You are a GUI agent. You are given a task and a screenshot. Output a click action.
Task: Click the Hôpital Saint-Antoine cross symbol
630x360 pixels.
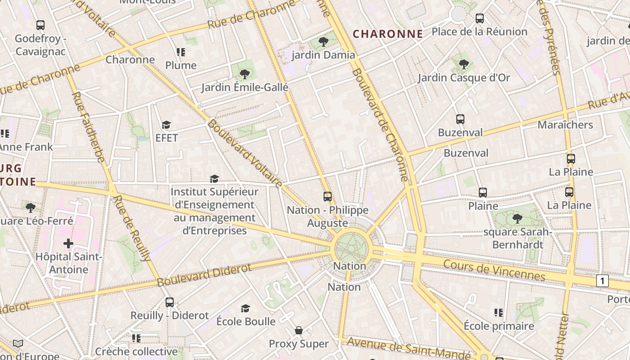(68, 243)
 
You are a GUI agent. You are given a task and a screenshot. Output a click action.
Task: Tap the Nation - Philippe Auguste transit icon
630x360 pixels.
(328, 197)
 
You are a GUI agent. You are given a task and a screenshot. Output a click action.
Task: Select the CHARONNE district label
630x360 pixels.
(387, 34)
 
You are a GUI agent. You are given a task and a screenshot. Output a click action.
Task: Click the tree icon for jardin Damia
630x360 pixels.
(323, 42)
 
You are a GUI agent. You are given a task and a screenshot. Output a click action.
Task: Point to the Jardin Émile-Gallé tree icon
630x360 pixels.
(244, 74)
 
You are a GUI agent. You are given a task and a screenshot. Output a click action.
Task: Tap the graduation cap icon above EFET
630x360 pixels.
(166, 125)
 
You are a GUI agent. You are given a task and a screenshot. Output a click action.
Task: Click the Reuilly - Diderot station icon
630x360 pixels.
(170, 302)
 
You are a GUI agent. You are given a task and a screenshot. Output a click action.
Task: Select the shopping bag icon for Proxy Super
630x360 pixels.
(299, 331)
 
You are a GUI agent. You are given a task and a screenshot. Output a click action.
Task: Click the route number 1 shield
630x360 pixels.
(602, 281)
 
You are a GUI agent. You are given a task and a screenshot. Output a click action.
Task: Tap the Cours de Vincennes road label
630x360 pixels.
(494, 270)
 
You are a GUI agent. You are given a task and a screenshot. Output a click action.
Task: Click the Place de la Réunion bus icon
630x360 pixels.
(480, 18)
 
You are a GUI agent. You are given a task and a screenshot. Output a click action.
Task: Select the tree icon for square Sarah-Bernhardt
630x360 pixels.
(517, 219)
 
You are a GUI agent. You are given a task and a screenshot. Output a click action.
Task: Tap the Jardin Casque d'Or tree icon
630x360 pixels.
(464, 64)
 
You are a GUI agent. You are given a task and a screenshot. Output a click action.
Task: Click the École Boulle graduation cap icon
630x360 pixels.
(245, 308)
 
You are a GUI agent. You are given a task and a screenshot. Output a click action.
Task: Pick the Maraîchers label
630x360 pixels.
(565, 125)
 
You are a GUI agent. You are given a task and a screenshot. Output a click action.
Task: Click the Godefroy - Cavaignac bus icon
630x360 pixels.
(40, 25)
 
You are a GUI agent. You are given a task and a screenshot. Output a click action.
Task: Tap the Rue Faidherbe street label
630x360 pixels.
(88, 127)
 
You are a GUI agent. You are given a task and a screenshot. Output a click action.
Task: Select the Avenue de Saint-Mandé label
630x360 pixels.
(409, 349)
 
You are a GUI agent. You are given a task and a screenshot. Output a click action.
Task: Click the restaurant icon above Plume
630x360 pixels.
(181, 52)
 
